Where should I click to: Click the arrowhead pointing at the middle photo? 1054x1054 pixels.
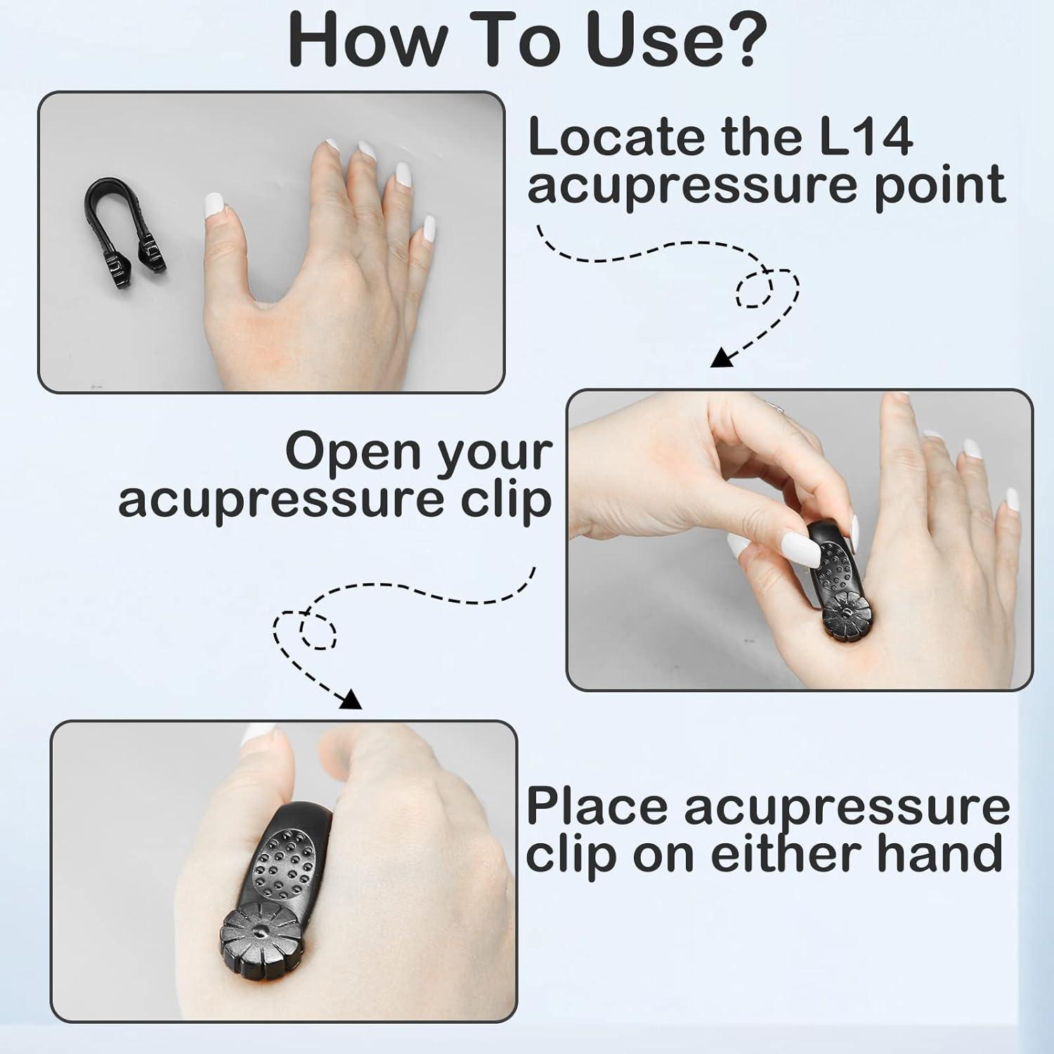pyautogui.click(x=721, y=359)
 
